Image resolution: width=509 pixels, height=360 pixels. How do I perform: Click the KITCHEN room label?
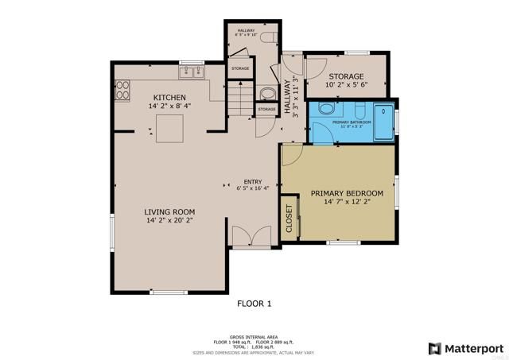coord(169,97)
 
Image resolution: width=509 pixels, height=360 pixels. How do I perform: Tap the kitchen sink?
coord(191,73)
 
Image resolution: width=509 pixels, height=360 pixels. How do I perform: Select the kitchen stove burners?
coord(122,91)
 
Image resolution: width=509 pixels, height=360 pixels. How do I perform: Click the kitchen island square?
coord(169,126)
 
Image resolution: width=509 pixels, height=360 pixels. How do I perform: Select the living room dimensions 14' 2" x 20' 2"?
coord(169,220)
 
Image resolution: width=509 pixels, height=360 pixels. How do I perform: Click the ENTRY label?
coord(253,180)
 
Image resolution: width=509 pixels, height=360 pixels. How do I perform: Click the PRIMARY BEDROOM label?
coord(347,193)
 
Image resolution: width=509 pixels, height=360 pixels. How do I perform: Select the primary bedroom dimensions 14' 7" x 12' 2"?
coord(347,203)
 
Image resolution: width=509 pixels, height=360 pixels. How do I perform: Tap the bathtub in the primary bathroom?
coord(384,122)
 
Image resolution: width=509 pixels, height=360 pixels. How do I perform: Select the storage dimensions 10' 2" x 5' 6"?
coord(345,84)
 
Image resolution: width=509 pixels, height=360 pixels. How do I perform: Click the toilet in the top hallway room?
coord(266,37)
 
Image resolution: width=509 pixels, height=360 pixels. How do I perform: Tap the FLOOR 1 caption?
coord(254,303)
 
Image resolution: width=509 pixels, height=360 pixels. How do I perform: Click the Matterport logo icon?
coord(434,347)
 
